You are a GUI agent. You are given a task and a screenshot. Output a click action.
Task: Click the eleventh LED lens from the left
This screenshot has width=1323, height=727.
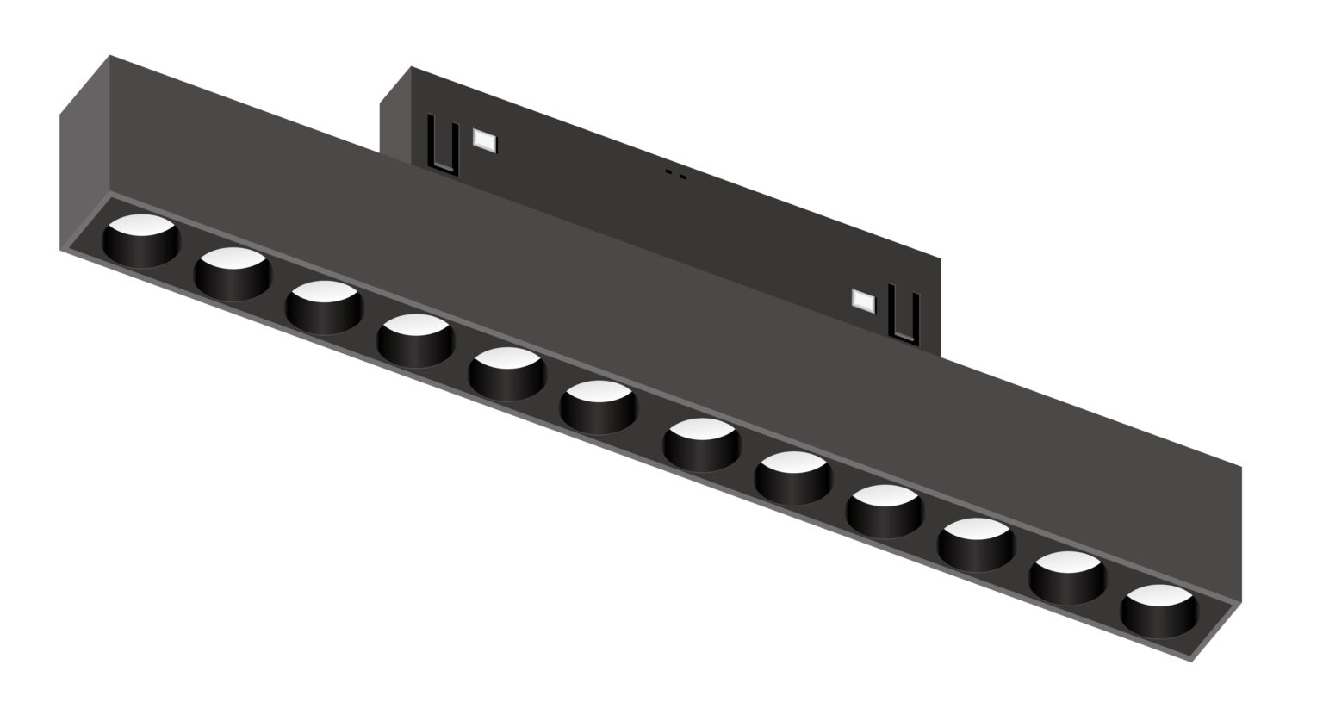tap(1068, 576)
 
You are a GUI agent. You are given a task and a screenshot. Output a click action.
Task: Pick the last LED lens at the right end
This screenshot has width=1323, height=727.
tap(1159, 610)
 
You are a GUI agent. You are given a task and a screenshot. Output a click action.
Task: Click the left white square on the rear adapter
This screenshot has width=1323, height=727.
tap(484, 140)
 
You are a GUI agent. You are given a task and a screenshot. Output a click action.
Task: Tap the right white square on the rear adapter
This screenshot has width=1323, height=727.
tap(863, 300)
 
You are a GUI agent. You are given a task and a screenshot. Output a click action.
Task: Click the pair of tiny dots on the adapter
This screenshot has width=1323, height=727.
tap(675, 176)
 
